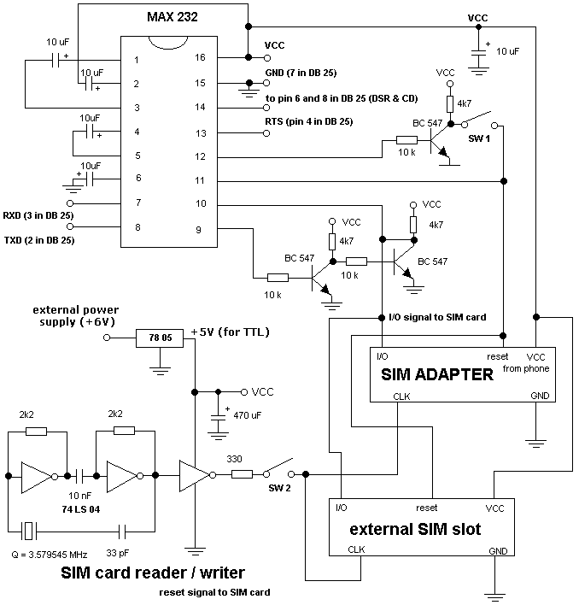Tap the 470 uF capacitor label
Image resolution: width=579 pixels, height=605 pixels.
tap(249, 420)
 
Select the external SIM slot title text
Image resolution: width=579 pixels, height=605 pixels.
tap(416, 529)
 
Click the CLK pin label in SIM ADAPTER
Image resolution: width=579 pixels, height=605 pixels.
tap(401, 396)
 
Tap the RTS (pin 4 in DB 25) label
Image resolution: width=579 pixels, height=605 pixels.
tap(308, 121)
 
